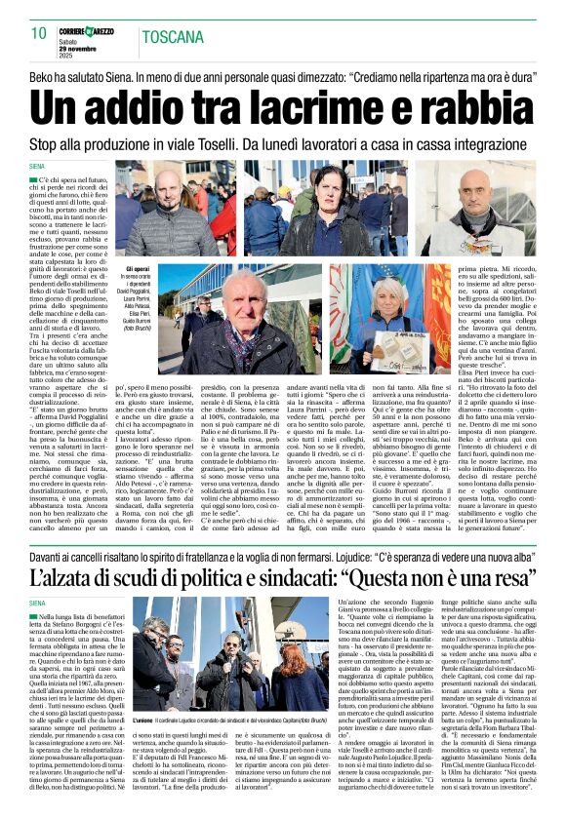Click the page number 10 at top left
38,33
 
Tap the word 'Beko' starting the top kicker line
42,75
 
